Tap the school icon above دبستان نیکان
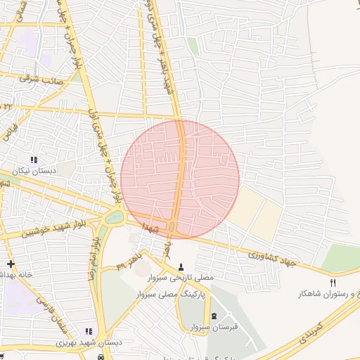[x=34, y=161]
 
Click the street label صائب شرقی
[x=41, y=79]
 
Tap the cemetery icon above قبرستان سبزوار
[x=214, y=315]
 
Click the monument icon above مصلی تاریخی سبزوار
[x=182, y=267]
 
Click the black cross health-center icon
[x=10, y=263]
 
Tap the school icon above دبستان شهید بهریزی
[x=89, y=331]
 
